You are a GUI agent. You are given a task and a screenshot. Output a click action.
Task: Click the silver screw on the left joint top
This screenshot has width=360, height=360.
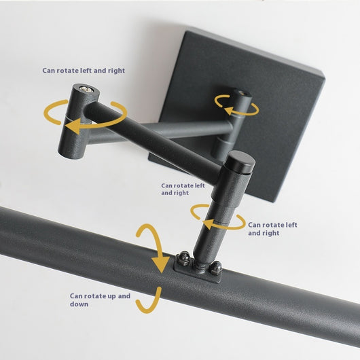pyautogui.click(x=87, y=89)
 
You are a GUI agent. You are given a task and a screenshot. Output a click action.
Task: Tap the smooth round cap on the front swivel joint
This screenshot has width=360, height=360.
pyautogui.click(x=240, y=162)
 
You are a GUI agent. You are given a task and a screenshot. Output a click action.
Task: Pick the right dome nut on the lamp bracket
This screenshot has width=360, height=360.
pyautogui.click(x=216, y=268)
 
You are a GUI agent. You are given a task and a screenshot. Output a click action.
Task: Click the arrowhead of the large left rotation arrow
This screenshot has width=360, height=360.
pyautogui.click(x=73, y=126)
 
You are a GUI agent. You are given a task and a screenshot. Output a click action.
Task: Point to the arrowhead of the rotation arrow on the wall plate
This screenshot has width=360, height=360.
pyautogui.click(x=229, y=110)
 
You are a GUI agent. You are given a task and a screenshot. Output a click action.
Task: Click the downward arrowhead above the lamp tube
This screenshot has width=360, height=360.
pyautogui.click(x=161, y=264)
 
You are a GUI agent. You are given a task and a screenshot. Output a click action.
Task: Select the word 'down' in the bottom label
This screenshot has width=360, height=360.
pyautogui.click(x=79, y=304)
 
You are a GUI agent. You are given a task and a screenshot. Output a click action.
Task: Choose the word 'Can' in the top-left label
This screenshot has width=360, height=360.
pyautogui.click(x=48, y=70)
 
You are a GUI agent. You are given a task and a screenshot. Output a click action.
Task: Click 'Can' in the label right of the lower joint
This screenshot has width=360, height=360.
pyautogui.click(x=254, y=225)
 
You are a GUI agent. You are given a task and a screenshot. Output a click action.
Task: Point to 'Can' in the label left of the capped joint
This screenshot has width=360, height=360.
pyautogui.click(x=166, y=185)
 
